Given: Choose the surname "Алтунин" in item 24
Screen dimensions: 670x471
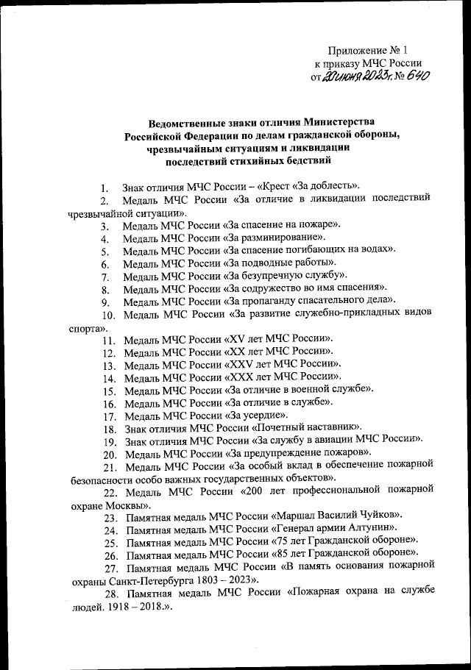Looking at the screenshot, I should pos(369,529).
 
